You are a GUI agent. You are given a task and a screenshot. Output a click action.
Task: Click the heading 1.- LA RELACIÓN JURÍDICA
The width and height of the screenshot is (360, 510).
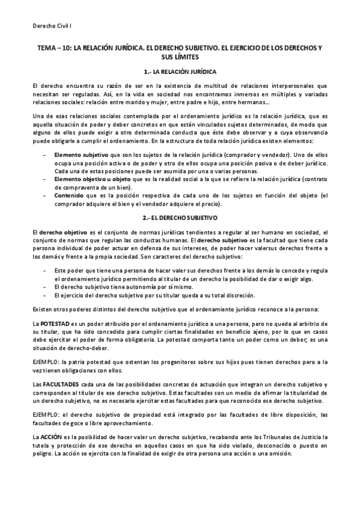[x=180, y=71]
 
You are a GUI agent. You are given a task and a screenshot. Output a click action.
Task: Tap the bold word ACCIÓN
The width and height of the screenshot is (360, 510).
[x=55, y=435]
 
